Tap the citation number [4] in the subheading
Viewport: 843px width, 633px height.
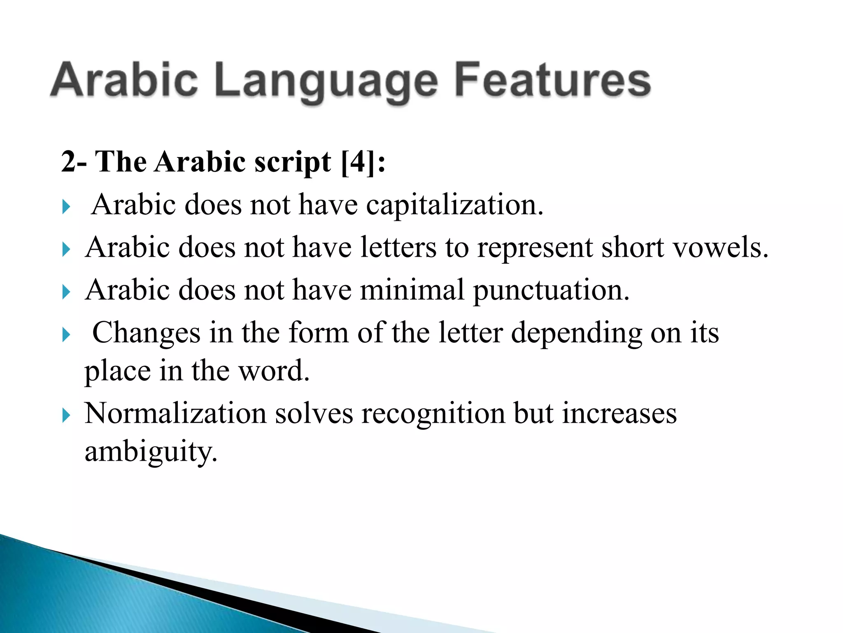tap(359, 162)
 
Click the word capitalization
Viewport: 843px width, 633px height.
tap(454, 205)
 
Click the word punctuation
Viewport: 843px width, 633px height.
tap(551, 290)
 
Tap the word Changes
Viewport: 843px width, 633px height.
tap(146, 333)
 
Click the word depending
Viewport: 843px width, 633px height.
tap(576, 333)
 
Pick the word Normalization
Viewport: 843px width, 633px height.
tap(175, 413)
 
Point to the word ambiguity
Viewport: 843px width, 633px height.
tap(151, 452)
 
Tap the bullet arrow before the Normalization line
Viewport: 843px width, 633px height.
tap(66, 415)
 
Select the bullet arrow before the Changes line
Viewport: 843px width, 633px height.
tap(66, 335)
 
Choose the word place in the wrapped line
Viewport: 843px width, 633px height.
tap(118, 371)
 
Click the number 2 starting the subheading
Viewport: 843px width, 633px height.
tap(68, 162)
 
